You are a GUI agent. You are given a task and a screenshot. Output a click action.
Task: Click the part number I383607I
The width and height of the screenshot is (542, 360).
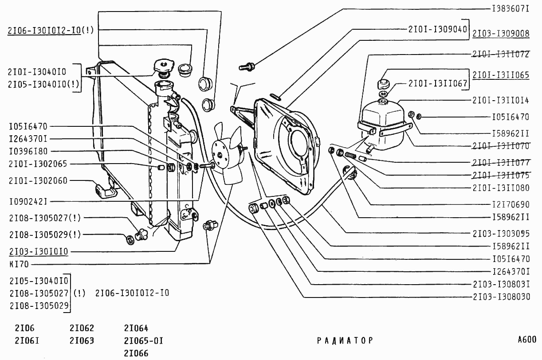(x=511, y=9)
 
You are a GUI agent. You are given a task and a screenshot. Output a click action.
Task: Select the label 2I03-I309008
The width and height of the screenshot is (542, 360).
(x=501, y=33)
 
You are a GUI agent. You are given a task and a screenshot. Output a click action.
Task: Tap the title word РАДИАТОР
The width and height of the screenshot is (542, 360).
(x=345, y=340)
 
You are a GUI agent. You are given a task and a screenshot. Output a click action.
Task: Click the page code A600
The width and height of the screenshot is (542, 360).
(x=527, y=340)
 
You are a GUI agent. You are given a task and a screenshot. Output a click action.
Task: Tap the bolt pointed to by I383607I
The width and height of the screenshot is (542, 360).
(x=247, y=67)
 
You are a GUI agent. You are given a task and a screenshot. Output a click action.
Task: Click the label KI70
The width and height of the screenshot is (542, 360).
(x=19, y=264)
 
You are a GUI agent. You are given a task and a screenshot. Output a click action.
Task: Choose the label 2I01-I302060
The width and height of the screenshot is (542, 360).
(x=38, y=181)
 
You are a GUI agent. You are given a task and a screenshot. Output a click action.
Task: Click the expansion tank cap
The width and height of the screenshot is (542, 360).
(x=383, y=83)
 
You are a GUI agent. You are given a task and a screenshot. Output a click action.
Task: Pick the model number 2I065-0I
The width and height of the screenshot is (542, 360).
(x=144, y=341)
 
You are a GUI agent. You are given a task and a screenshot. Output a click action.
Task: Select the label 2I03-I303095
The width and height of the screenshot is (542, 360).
(x=501, y=234)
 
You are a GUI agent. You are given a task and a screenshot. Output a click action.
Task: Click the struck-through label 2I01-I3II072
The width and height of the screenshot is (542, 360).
(x=501, y=54)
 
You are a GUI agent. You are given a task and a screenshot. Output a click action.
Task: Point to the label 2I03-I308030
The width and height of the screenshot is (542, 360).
(x=501, y=297)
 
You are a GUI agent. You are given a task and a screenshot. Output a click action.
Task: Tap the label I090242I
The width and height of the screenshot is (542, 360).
(x=28, y=202)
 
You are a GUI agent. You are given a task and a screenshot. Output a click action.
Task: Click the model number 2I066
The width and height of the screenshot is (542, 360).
(x=136, y=353)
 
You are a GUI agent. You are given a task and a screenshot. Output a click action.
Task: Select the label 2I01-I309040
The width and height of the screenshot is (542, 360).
(x=437, y=30)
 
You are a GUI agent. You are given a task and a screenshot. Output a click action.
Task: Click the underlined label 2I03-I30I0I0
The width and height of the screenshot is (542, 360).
(x=39, y=252)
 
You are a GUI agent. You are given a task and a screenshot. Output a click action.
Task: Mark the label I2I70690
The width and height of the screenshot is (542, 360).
(x=511, y=205)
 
